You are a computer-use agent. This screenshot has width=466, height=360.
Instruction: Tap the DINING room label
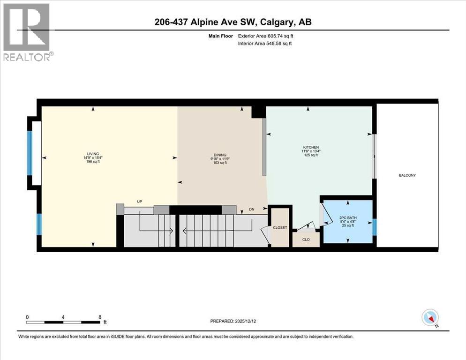(x=220, y=155)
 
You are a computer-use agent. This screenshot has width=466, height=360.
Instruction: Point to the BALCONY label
(x=407, y=175)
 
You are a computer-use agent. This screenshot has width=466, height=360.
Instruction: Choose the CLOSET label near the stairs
(x=280, y=227)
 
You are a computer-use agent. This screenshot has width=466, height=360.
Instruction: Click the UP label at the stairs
(x=139, y=202)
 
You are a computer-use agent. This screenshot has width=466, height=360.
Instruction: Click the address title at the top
(x=233, y=22)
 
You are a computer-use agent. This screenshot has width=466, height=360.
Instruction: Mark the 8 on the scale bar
(x=100, y=317)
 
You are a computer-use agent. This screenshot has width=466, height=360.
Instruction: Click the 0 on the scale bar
(x=27, y=317)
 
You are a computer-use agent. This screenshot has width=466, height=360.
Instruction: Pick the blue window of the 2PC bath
(x=374, y=226)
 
